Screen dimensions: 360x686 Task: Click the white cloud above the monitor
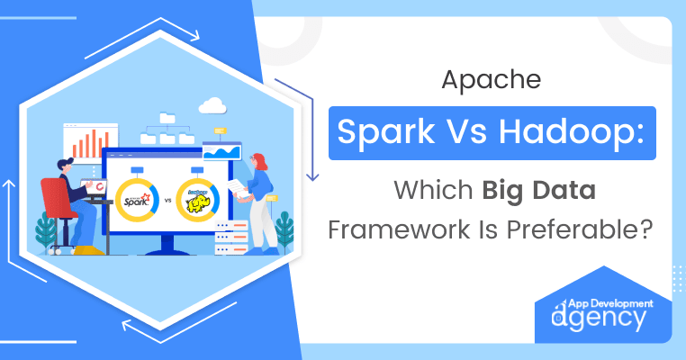[212, 107]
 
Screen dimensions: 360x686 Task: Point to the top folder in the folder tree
[167, 118]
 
